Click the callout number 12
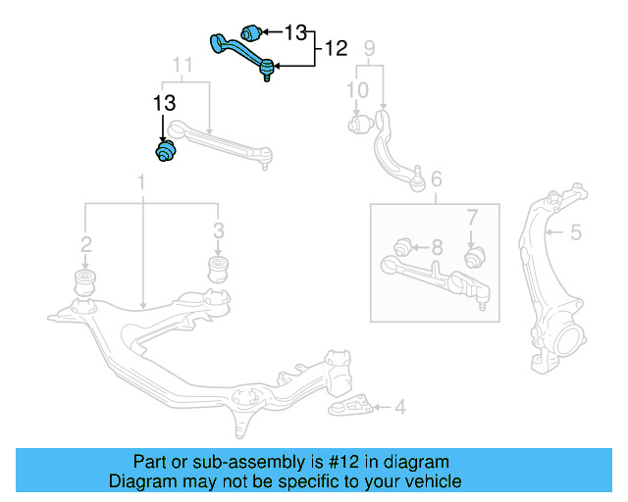(x=336, y=46)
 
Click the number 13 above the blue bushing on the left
(x=164, y=103)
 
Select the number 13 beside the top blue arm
(x=295, y=31)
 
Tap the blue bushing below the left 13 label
(x=165, y=152)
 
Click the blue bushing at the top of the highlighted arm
(x=251, y=30)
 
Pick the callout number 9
(x=369, y=48)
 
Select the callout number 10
(x=357, y=90)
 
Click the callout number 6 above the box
(x=437, y=178)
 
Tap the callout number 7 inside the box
(x=471, y=216)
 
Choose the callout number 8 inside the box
(x=437, y=245)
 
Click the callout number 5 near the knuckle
(x=576, y=232)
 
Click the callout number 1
(x=141, y=181)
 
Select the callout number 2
(x=86, y=243)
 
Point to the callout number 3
(x=218, y=230)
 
